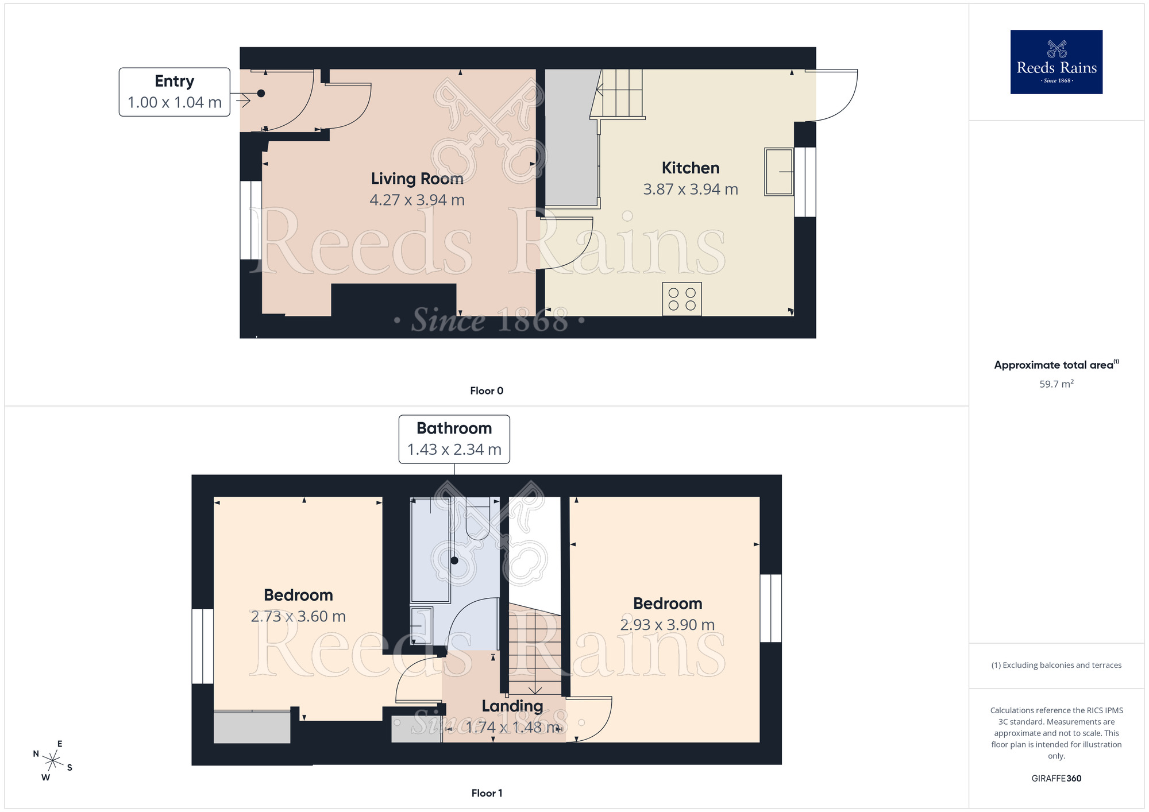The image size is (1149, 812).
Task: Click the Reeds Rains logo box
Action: (1056, 62)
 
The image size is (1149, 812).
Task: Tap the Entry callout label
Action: (174, 92)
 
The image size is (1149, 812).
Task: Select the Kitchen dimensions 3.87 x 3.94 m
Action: (690, 189)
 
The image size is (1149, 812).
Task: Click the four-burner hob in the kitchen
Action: (681, 299)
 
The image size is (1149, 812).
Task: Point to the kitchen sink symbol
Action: (778, 172)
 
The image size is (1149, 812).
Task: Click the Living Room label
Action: (417, 179)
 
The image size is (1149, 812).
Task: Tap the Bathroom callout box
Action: (454, 439)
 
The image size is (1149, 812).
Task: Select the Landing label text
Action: (512, 706)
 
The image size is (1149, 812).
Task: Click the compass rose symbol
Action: (52, 761)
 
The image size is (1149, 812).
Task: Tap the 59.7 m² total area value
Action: (1056, 384)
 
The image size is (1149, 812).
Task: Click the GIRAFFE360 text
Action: (1056, 778)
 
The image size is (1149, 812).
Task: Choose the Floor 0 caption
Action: (486, 390)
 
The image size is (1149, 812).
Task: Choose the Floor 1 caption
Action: (486, 792)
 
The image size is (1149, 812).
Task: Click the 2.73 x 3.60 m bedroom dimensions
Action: (298, 616)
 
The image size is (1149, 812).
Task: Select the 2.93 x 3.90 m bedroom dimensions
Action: (667, 625)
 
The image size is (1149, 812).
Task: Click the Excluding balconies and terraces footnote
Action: (1056, 665)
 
